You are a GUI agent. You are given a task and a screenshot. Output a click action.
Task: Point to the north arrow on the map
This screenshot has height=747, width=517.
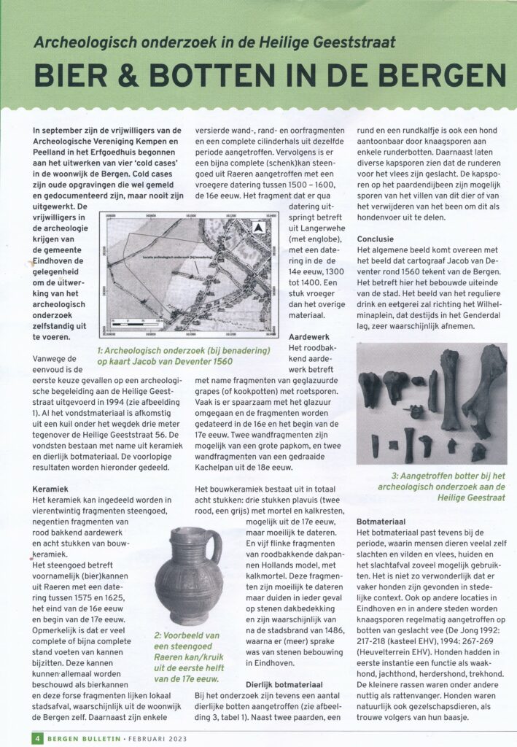257,228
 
